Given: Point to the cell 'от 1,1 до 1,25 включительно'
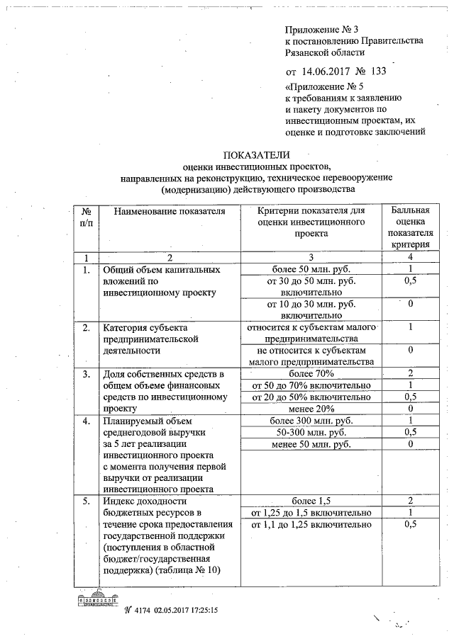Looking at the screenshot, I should pos(311,525).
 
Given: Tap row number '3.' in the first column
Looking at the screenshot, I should pos(86,374).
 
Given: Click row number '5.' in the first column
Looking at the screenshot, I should pos(86,501).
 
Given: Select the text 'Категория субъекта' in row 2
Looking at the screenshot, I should pos(145,328).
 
